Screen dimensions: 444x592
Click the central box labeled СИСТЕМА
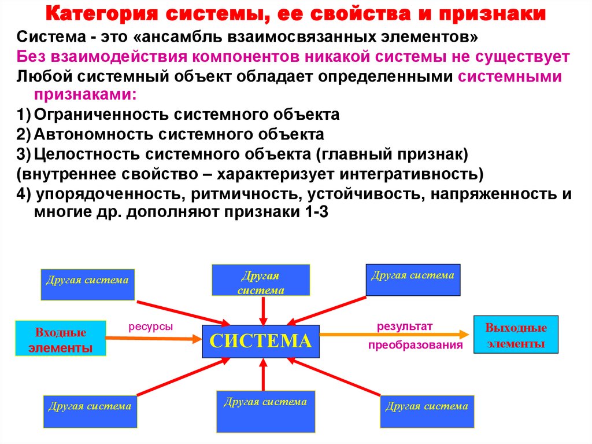[x=260, y=341]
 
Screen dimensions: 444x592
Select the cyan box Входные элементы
[x=61, y=337]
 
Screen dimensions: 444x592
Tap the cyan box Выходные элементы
[x=516, y=334]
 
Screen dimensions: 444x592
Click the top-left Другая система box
[x=88, y=284]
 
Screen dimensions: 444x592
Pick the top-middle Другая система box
[x=261, y=280]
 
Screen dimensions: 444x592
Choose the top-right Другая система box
[x=413, y=280]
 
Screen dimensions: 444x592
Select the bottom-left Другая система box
[x=90, y=411]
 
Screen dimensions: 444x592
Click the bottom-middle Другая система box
[x=266, y=410]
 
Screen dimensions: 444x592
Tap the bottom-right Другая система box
[x=427, y=412]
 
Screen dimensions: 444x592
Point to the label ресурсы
[x=150, y=327]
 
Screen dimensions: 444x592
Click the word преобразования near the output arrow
[x=416, y=346]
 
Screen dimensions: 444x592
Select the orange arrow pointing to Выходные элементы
[x=393, y=335]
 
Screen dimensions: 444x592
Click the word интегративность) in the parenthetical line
[x=419, y=174]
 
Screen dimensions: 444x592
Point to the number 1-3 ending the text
[x=316, y=212]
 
